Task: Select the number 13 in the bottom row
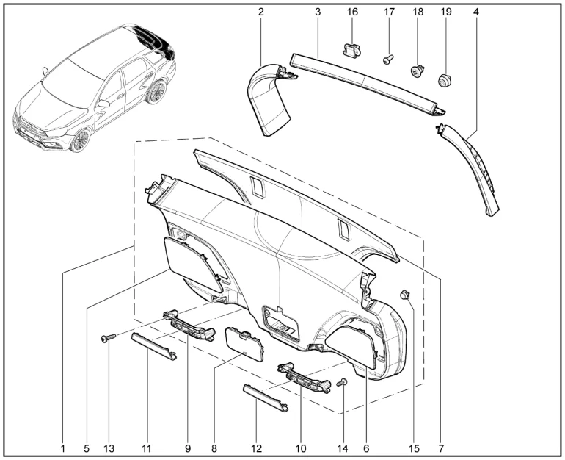(109, 447)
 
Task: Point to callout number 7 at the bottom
(441, 447)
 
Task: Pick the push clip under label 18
(417, 72)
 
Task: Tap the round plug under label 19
(445, 78)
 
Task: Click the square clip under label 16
(351, 51)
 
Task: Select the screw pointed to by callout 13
(109, 338)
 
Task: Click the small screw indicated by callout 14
(342, 382)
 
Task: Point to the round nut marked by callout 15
(404, 295)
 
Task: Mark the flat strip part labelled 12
(264, 398)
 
